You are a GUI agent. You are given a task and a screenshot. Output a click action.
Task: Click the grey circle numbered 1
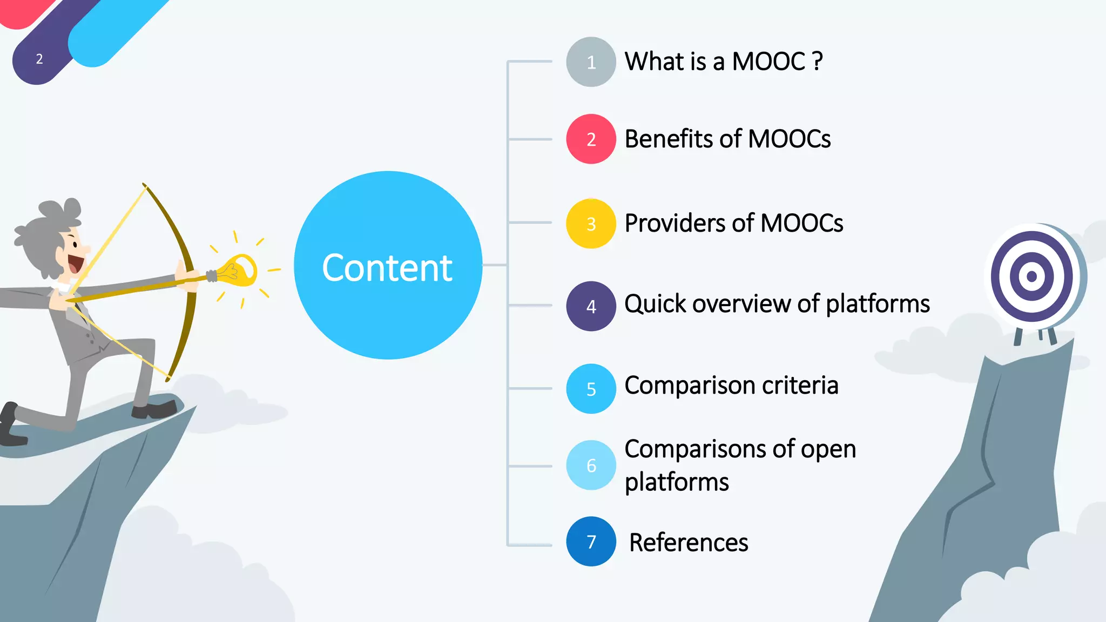[x=591, y=62]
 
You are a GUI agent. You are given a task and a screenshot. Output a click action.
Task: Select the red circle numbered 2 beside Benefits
[x=591, y=139]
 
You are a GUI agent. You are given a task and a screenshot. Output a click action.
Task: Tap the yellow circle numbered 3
[x=591, y=224]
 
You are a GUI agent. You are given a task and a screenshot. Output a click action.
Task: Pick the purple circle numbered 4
[x=591, y=306]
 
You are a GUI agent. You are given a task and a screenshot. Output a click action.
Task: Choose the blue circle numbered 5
[x=591, y=389]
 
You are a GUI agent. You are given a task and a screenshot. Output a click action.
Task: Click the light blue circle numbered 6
[x=591, y=465]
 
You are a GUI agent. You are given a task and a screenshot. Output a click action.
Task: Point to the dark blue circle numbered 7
[x=591, y=542]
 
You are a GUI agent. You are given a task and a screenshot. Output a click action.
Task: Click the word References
[x=689, y=543]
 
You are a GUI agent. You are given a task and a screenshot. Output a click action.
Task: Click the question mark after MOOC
[x=818, y=61]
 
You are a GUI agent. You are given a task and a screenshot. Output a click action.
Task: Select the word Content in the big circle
[x=387, y=268]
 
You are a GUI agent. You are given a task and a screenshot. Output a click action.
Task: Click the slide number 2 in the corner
[x=39, y=59]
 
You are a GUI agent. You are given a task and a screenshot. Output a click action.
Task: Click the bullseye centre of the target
[x=1031, y=276]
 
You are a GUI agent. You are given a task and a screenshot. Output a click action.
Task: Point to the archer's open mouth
[x=75, y=264]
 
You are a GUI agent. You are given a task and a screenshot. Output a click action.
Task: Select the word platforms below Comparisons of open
[x=677, y=482]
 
